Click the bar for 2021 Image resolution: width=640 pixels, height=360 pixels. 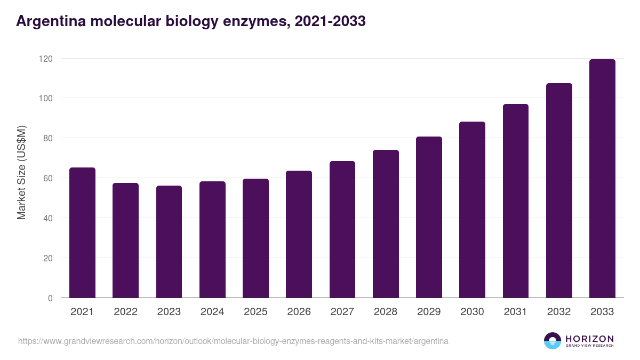(x=82, y=233)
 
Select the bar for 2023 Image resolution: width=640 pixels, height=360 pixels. (x=169, y=242)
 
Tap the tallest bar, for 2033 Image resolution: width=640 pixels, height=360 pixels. (x=602, y=179)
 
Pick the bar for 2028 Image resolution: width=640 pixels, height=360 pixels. (x=386, y=224)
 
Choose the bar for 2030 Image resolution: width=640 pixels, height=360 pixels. (x=472, y=210)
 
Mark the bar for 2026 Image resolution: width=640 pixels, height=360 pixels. (x=299, y=234)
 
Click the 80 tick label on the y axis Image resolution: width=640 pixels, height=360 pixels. (x=48, y=138)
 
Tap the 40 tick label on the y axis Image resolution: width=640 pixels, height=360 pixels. (x=48, y=218)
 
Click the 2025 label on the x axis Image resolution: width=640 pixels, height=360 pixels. (x=255, y=312)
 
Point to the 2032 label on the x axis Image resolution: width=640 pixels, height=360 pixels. (x=559, y=312)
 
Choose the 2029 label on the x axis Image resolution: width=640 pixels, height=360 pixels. (x=429, y=312)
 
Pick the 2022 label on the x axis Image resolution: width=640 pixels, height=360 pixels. (x=125, y=312)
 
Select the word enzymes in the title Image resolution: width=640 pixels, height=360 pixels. (x=252, y=21)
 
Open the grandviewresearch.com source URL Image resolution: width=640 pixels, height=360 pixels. (x=233, y=341)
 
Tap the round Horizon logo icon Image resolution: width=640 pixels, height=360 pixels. (x=553, y=341)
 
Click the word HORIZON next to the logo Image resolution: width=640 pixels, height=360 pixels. (x=589, y=339)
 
